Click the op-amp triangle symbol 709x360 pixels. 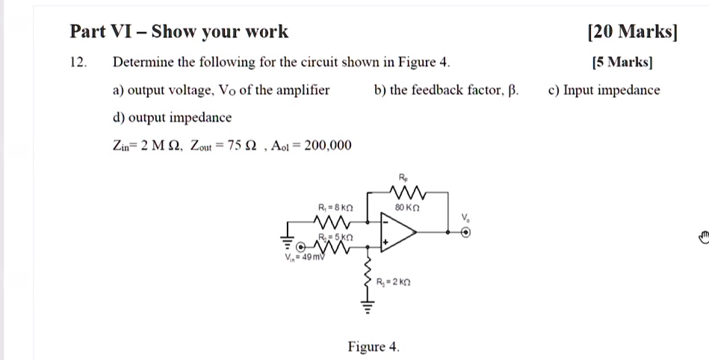398,232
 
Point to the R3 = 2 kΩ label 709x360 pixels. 393,282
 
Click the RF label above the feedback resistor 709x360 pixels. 403,177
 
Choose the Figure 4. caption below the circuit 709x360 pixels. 374,347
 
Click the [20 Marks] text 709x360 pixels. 633,31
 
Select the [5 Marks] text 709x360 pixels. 622,62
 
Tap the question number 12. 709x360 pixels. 78,62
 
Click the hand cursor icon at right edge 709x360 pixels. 703,238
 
